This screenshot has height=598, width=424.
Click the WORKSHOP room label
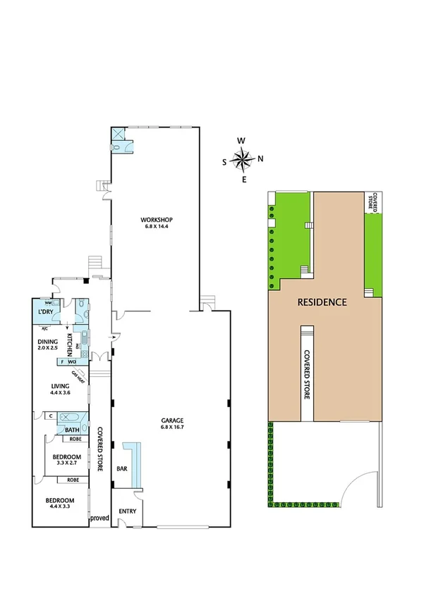158,220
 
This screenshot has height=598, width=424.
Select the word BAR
121,468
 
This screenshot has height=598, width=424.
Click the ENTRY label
128,511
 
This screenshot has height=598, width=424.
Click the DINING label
49,341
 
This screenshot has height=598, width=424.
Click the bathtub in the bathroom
73,418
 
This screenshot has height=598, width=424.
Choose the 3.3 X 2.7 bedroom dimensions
66,465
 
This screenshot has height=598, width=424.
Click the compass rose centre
243,161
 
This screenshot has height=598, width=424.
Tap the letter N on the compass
260,158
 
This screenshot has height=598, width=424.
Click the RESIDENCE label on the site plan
322,302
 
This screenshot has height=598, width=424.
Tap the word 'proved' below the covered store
99,518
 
